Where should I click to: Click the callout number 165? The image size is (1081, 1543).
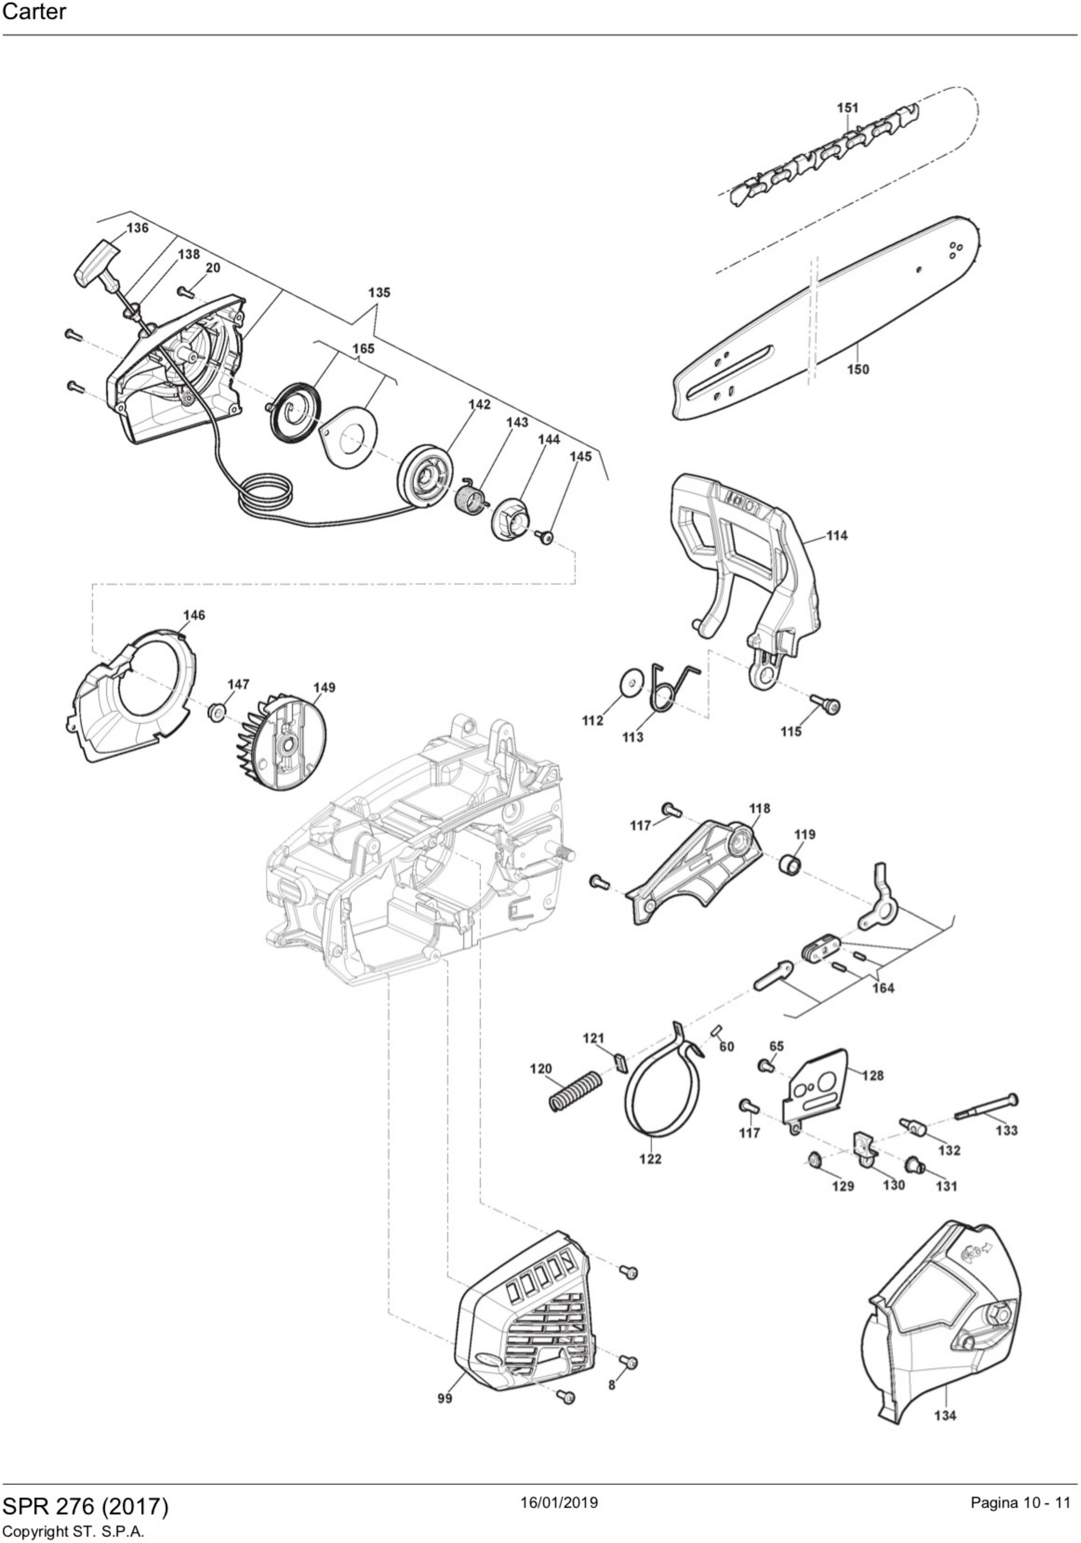[363, 349]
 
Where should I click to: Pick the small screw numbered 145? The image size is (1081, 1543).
[545, 537]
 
